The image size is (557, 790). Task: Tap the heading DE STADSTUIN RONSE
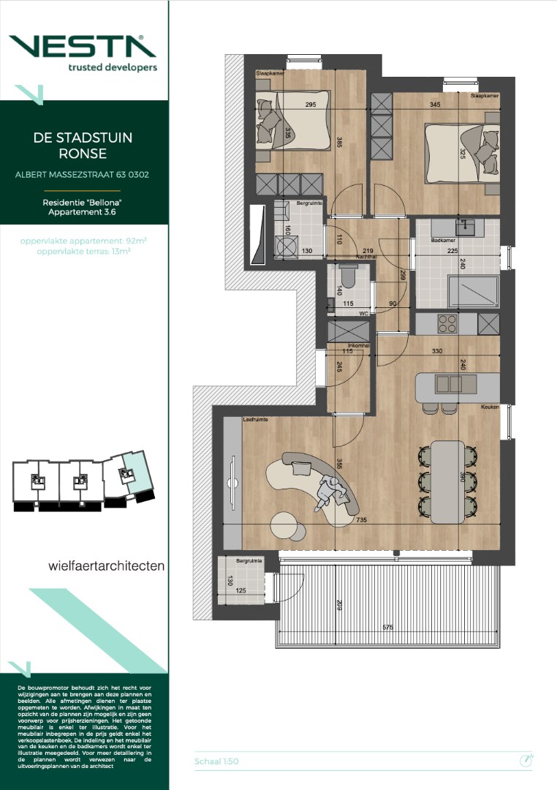(x=83, y=146)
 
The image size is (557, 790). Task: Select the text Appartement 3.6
(x=83, y=211)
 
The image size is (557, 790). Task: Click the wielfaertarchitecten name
(x=106, y=565)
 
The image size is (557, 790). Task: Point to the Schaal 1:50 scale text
(x=216, y=761)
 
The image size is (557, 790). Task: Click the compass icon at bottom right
(x=525, y=761)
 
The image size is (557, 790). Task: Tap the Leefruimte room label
(x=255, y=420)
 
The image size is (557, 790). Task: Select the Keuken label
(x=490, y=407)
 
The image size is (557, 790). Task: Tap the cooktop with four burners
(x=447, y=323)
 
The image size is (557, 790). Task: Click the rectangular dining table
(x=447, y=481)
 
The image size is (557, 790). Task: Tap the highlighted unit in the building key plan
(x=133, y=476)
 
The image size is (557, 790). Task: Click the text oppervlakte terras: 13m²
(x=83, y=251)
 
